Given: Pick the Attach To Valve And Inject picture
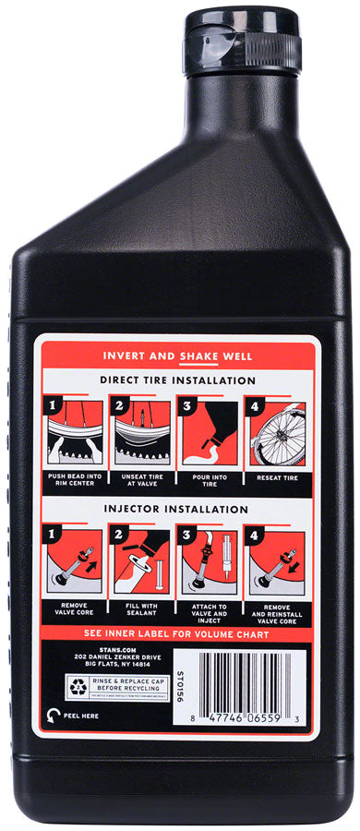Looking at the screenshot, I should point(210,560).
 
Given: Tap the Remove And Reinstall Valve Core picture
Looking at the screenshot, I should point(275,560).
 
